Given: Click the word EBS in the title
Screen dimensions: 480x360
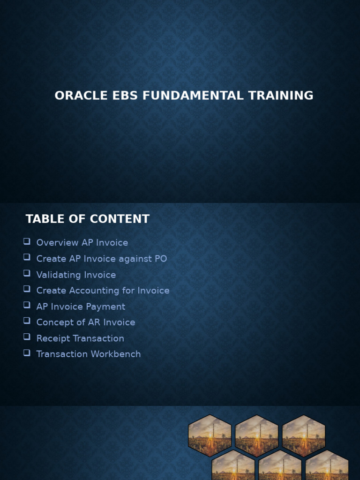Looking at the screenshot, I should tap(124, 96).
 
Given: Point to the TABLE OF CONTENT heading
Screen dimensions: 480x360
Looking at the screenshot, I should tap(87, 219).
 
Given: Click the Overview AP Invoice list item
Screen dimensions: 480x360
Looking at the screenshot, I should tap(82, 243).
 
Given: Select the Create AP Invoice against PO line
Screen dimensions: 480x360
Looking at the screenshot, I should tap(102, 259).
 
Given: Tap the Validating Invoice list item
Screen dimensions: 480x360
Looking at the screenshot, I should tap(76, 275).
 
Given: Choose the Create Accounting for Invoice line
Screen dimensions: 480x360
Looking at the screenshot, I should tap(103, 291).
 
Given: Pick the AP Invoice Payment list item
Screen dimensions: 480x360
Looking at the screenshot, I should tap(81, 307).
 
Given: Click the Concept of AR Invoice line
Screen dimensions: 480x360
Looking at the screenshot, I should tap(86, 322).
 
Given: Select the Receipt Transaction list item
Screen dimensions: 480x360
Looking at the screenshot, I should tap(80, 338).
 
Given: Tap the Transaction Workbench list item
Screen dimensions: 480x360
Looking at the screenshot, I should tap(89, 354).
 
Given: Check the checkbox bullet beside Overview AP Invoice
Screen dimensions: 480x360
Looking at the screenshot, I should tap(27, 241).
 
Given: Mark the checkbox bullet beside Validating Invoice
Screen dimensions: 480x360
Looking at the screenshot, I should tap(27, 273).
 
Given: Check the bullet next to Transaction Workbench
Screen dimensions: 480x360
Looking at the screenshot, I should tap(27, 353).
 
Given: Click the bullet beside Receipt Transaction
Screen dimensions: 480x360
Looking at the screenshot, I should tap(27, 337).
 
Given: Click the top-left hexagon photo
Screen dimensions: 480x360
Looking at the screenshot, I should tap(210, 436).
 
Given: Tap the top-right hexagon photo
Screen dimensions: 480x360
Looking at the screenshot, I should tap(303, 436).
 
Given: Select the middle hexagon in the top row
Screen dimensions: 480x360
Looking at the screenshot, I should tap(256, 436).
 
